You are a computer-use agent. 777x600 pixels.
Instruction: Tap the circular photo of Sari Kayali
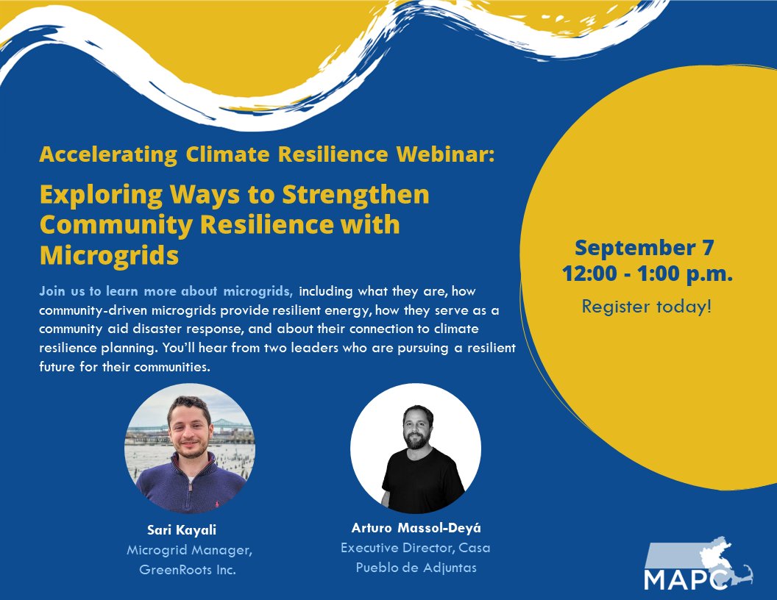(190, 449)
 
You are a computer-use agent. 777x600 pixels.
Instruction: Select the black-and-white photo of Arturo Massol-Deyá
(416, 449)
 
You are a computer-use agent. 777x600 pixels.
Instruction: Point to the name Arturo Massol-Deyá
(416, 528)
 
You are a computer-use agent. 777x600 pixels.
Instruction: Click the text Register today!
(647, 306)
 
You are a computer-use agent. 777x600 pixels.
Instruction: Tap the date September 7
(645, 248)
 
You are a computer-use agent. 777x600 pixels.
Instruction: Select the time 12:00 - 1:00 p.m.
(647, 274)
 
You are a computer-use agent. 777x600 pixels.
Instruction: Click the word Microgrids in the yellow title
(110, 255)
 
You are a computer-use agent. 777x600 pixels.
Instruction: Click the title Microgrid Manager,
(190, 550)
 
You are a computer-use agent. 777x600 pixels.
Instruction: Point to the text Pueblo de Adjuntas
(416, 568)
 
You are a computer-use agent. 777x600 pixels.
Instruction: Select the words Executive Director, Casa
(416, 548)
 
